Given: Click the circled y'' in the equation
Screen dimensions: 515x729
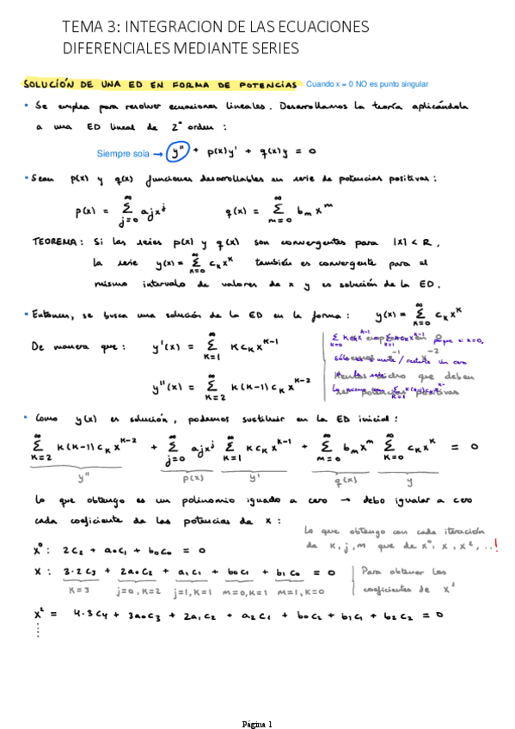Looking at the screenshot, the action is point(179,152).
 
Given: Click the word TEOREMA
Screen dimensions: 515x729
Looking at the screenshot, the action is point(55,242).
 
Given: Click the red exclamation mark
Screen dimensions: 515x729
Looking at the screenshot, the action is point(497,544).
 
